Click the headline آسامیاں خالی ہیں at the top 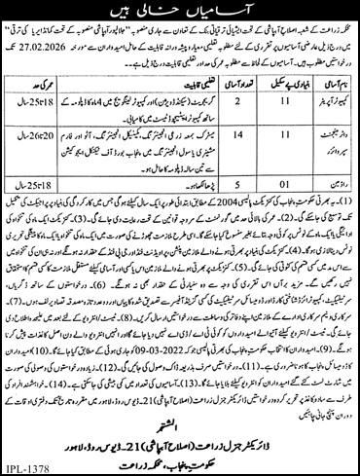click(180, 12)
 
